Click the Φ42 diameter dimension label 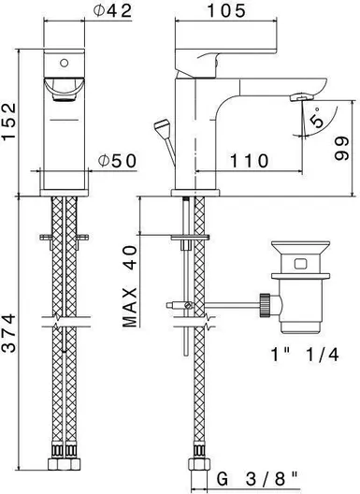pos(112,11)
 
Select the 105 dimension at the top pos(226,10)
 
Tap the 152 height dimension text pos(8,121)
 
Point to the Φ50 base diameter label pos(117,161)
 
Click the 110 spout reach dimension pos(250,161)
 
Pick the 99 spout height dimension pos(341,149)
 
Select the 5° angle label pos(316,118)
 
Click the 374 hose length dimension pos(8,333)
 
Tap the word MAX pos(130,308)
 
